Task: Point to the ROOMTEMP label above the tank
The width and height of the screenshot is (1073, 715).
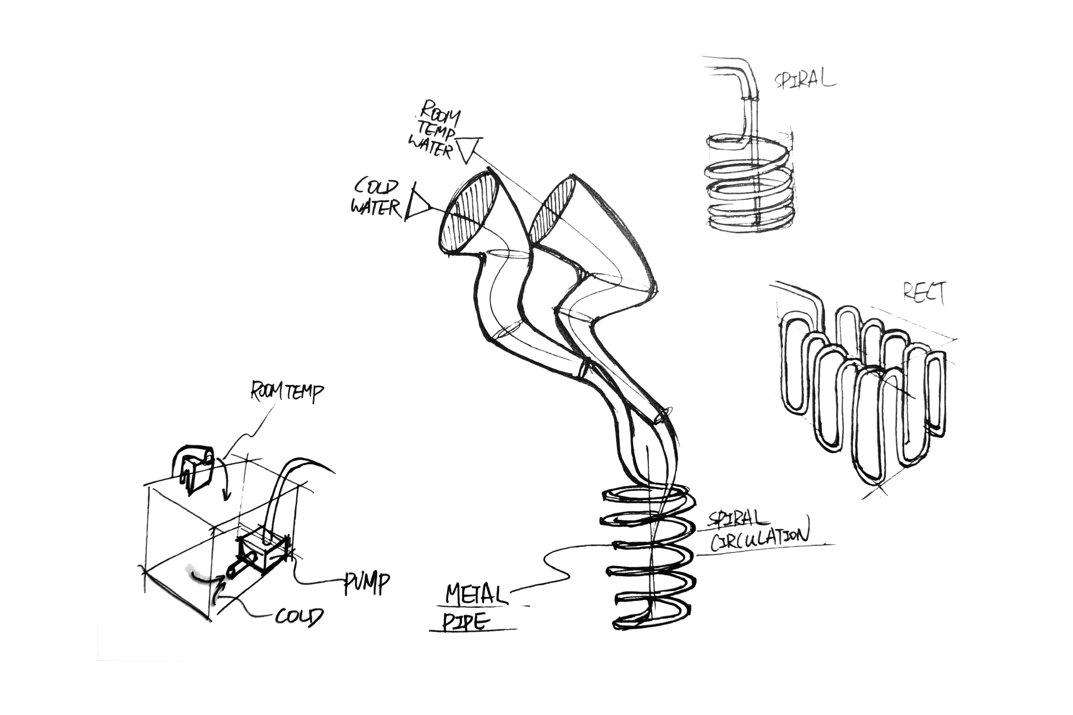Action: click(x=286, y=392)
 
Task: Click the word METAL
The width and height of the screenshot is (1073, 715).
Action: click(x=477, y=594)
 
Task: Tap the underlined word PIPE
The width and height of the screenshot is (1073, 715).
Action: click(x=464, y=622)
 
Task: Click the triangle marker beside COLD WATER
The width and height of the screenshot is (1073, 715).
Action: click(x=419, y=204)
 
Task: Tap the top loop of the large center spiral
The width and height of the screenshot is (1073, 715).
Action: click(x=648, y=496)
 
